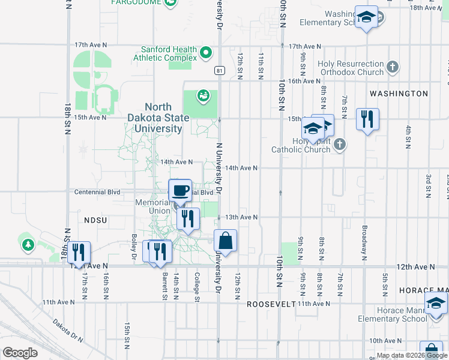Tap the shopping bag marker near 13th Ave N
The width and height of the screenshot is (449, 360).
pos(225,242)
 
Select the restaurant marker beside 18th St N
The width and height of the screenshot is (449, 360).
pos(78,253)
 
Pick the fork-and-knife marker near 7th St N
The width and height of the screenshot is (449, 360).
pos(367,119)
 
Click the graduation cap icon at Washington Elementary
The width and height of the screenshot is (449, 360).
pos(366,17)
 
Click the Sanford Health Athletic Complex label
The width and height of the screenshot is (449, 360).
pos(169,54)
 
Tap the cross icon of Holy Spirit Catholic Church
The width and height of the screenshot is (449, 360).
pos(340,143)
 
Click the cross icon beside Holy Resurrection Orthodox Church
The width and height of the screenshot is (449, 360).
pos(393,67)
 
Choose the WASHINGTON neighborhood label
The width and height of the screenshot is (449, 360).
pos(399,94)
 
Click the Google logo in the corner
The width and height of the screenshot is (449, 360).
pos(20,352)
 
